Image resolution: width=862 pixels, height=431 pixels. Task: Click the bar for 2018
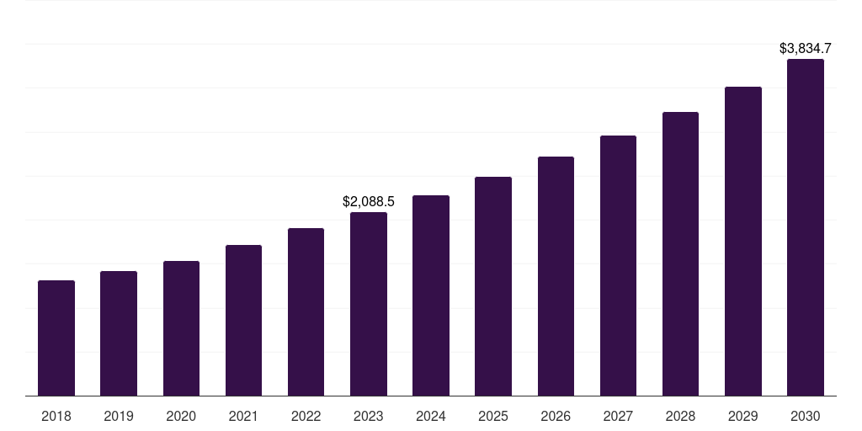point(56,338)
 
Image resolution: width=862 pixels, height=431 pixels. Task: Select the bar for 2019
point(119,333)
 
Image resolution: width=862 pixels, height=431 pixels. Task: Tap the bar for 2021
point(243,320)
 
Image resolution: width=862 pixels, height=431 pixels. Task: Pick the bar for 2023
point(369,304)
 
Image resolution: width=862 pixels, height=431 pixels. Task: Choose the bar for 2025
point(493,286)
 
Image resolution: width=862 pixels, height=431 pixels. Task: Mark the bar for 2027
point(618,265)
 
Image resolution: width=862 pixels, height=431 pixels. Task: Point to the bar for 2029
point(743,241)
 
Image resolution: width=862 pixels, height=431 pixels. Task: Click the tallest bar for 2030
point(806,227)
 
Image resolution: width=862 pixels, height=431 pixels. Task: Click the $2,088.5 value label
point(369,202)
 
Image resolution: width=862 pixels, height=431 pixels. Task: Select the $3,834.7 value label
point(806,49)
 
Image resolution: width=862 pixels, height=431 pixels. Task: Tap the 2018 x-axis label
point(56,416)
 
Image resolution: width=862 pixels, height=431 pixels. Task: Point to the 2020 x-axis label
point(181,416)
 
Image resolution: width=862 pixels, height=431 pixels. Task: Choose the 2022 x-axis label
point(306,416)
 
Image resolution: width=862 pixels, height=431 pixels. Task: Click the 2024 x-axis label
point(431,416)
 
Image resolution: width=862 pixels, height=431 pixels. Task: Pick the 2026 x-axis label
point(556,416)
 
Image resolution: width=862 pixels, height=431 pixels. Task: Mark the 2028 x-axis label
point(680,416)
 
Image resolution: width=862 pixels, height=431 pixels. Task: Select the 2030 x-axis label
point(806,416)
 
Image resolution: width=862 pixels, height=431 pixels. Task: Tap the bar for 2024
point(431,295)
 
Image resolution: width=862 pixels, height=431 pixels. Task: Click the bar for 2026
point(556,276)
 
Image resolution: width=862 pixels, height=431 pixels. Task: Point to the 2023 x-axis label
point(369,416)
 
